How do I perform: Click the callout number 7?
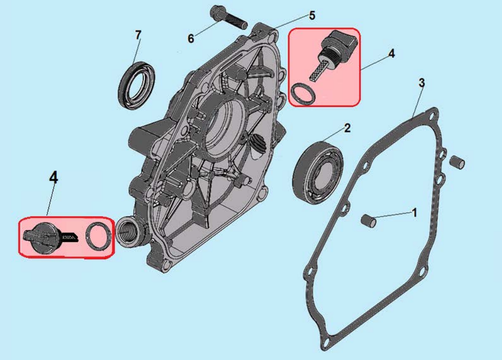click(138, 34)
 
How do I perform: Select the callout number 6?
click(191, 39)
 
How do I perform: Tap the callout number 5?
click(312, 15)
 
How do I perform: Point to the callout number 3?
click(422, 82)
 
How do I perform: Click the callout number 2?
click(347, 128)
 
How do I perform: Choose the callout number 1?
click(414, 212)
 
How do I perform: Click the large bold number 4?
click(53, 177)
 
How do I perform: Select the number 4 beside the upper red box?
click(392, 53)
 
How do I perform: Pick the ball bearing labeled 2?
click(318, 172)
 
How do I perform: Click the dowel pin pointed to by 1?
click(368, 221)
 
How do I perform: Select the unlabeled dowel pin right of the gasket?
click(457, 162)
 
